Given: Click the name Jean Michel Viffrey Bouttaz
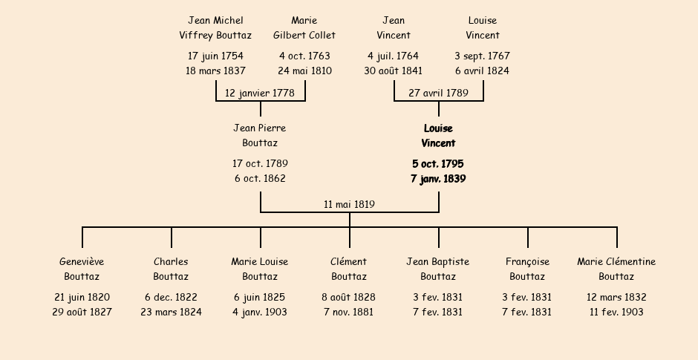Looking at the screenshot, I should [x=215, y=27].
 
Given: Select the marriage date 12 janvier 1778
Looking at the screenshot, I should [x=259, y=93].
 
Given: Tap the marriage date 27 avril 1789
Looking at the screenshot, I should [x=438, y=93].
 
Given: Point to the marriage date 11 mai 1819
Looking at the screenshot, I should [x=349, y=204].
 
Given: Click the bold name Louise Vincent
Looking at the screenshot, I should [x=438, y=136].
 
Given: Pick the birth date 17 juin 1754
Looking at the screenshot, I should [x=215, y=56].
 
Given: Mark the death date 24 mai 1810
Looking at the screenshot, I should [x=304, y=71].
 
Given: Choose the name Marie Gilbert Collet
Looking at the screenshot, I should [x=304, y=27].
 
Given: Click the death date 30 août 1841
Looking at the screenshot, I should [x=394, y=71].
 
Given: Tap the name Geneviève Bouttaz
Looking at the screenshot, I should [x=82, y=269].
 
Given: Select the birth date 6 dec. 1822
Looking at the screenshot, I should [x=171, y=297].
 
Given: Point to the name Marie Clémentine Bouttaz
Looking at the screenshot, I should [x=616, y=269].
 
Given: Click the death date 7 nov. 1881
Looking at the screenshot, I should [x=349, y=312].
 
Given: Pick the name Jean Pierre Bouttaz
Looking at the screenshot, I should [x=260, y=135].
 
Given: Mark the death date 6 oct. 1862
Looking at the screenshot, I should [x=260, y=178].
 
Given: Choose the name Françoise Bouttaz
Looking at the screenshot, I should [x=527, y=269].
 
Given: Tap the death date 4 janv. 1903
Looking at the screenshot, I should [x=260, y=312].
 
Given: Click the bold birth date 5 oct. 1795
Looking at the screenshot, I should [x=438, y=163].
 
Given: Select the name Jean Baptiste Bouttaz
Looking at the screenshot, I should [x=438, y=269].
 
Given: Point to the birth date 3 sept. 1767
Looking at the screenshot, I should [x=483, y=56].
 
